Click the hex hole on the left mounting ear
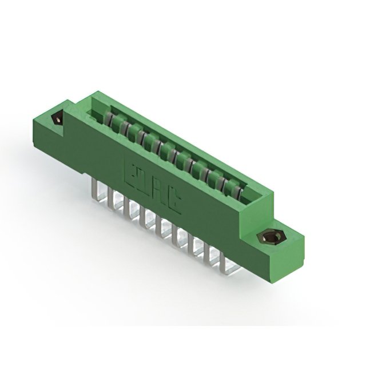(x=58, y=120)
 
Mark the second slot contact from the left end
(x=122, y=126)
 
